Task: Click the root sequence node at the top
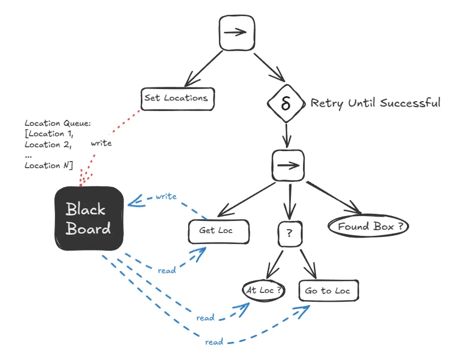(x=237, y=32)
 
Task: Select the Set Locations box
(x=177, y=98)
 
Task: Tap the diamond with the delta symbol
(x=285, y=103)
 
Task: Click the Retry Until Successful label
(x=375, y=103)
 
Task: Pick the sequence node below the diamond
(x=288, y=165)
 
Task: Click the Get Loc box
(x=218, y=231)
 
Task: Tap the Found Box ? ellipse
(x=368, y=226)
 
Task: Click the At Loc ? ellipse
(x=264, y=291)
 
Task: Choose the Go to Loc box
(x=328, y=291)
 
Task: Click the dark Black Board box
(x=88, y=218)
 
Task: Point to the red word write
(x=101, y=143)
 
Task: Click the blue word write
(x=166, y=196)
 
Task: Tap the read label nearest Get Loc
(x=167, y=270)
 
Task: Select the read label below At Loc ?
(x=205, y=318)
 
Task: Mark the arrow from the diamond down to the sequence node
(x=287, y=134)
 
